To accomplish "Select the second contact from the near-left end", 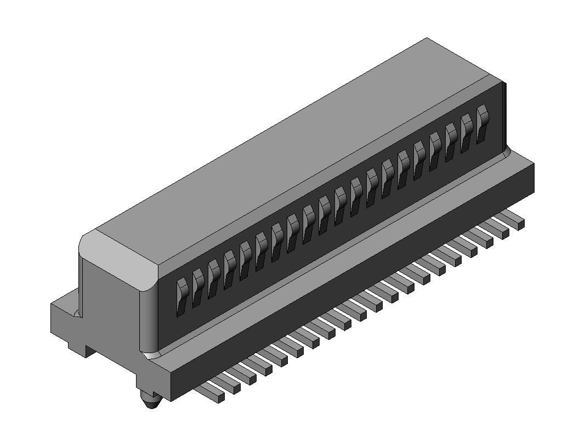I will tap(197, 287).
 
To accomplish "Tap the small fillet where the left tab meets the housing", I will tap(77, 313).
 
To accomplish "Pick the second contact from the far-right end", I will tap(467, 132).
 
